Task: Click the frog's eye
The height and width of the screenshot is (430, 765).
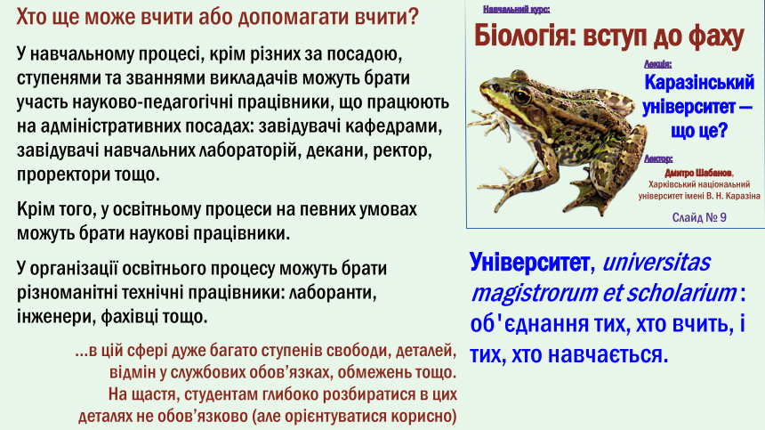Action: click(x=521, y=95)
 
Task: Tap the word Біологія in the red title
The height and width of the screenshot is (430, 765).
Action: click(x=525, y=37)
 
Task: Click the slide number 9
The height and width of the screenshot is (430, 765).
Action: click(x=722, y=217)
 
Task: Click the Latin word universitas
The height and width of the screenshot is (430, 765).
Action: click(x=656, y=262)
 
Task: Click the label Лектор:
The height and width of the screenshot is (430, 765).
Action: click(x=658, y=158)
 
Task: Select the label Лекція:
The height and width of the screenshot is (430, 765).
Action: click(x=657, y=64)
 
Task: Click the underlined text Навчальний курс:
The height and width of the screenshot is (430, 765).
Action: click(x=516, y=9)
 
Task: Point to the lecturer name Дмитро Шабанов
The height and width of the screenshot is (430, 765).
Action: click(x=697, y=174)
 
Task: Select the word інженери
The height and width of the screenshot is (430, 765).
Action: click(x=56, y=317)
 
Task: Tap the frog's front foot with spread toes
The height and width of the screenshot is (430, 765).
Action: click(x=485, y=122)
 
